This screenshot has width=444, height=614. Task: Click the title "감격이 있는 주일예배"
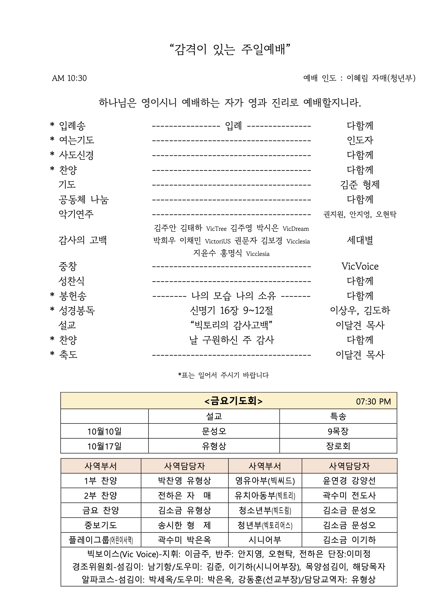click(230, 50)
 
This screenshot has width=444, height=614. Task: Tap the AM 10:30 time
click(69, 78)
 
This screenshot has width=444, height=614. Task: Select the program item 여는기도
click(76, 140)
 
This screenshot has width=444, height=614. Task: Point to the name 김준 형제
click(360, 185)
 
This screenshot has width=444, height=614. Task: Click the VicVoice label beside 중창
click(360, 266)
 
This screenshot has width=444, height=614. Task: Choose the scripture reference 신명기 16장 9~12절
click(231, 310)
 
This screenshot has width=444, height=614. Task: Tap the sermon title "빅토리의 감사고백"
click(231, 325)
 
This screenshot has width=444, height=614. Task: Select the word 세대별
click(360, 240)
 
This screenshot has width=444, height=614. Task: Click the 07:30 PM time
click(373, 401)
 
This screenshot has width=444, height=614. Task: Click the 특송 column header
click(338, 416)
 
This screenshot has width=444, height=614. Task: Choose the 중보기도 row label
click(101, 525)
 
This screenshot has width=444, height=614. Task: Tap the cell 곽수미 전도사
click(349, 495)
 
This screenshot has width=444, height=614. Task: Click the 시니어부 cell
click(265, 540)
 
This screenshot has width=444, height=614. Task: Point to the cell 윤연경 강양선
click(349, 481)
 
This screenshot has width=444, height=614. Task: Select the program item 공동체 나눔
click(84, 200)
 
